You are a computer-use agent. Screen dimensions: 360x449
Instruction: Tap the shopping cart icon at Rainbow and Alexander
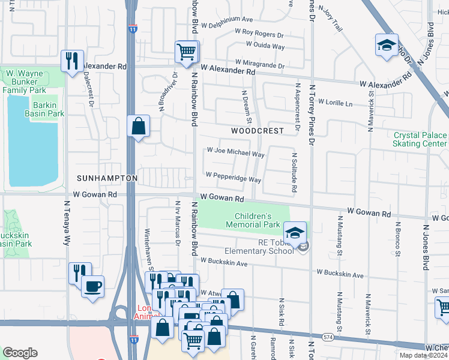click(x=187, y=52)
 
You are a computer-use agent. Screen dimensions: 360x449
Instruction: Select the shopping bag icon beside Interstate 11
click(x=138, y=127)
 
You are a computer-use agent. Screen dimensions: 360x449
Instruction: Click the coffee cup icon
click(x=92, y=286)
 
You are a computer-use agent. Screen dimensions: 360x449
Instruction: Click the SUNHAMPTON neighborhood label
click(x=107, y=179)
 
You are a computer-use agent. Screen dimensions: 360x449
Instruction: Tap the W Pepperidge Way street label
click(x=233, y=179)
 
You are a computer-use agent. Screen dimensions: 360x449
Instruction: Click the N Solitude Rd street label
click(x=294, y=172)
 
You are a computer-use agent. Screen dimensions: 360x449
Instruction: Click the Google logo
click(x=20, y=353)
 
